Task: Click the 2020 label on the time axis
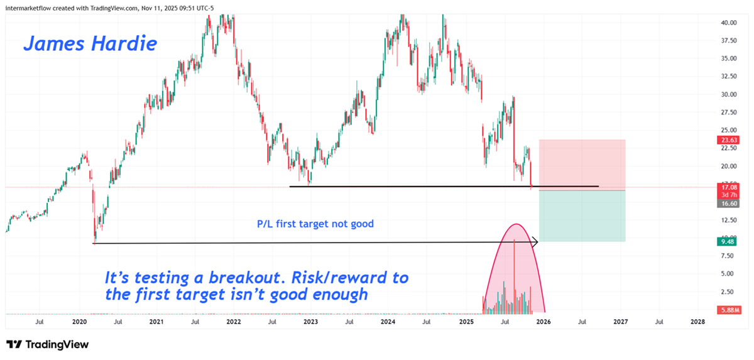(79, 322)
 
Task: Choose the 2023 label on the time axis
(310, 322)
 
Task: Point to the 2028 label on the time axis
(697, 322)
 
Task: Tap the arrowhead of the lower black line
(536, 241)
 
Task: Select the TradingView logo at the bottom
(48, 344)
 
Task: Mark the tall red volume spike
(514, 276)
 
